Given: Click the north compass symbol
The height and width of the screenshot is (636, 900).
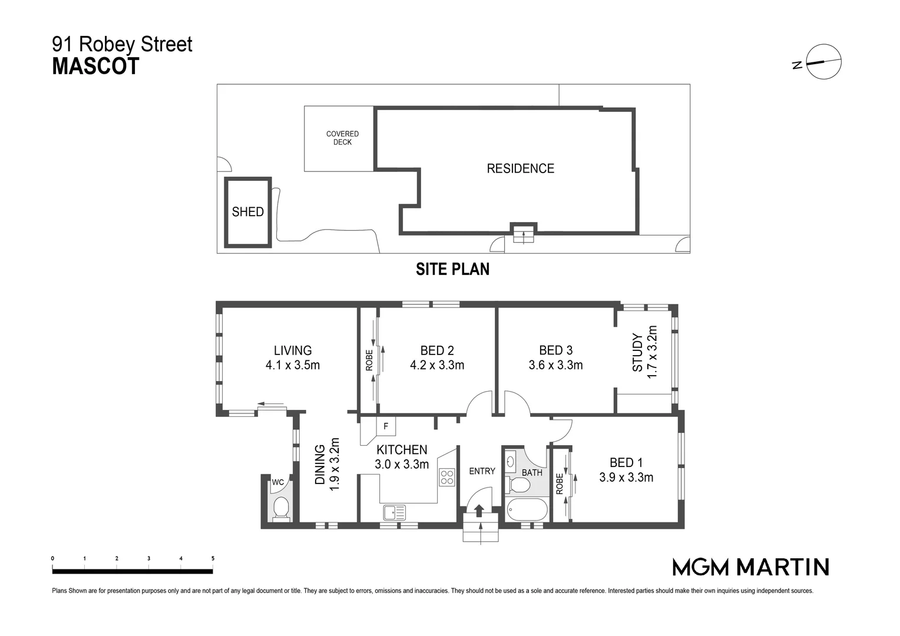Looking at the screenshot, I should [823, 62].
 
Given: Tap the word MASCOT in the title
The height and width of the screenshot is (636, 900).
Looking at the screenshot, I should [95, 67].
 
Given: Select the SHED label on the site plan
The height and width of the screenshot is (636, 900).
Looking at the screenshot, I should [247, 212].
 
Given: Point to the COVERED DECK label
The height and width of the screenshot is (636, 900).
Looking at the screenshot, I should [342, 138].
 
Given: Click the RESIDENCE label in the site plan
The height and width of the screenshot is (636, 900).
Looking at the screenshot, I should [520, 168].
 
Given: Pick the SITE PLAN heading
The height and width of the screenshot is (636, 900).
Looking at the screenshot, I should [452, 269].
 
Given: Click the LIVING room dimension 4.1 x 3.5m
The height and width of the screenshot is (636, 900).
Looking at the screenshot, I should [293, 365].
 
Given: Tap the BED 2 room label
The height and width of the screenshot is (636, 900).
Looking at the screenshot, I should [437, 350].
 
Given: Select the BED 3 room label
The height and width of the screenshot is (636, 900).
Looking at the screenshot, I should [555, 350].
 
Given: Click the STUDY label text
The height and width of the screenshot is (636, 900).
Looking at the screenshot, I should [638, 353].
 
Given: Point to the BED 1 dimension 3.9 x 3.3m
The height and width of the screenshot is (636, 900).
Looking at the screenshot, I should [626, 478].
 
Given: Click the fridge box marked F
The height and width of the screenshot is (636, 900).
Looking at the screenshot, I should [386, 426].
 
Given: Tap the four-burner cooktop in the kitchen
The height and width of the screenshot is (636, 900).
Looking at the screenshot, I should [447, 476].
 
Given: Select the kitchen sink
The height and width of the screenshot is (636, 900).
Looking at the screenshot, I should [394, 512].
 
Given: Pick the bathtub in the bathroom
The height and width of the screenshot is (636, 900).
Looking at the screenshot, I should [527, 510].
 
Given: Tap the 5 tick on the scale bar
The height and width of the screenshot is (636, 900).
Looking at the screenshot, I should [213, 558].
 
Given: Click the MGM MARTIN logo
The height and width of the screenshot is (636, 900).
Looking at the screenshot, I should [750, 567].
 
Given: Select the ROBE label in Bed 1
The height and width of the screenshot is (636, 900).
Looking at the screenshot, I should [560, 483].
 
